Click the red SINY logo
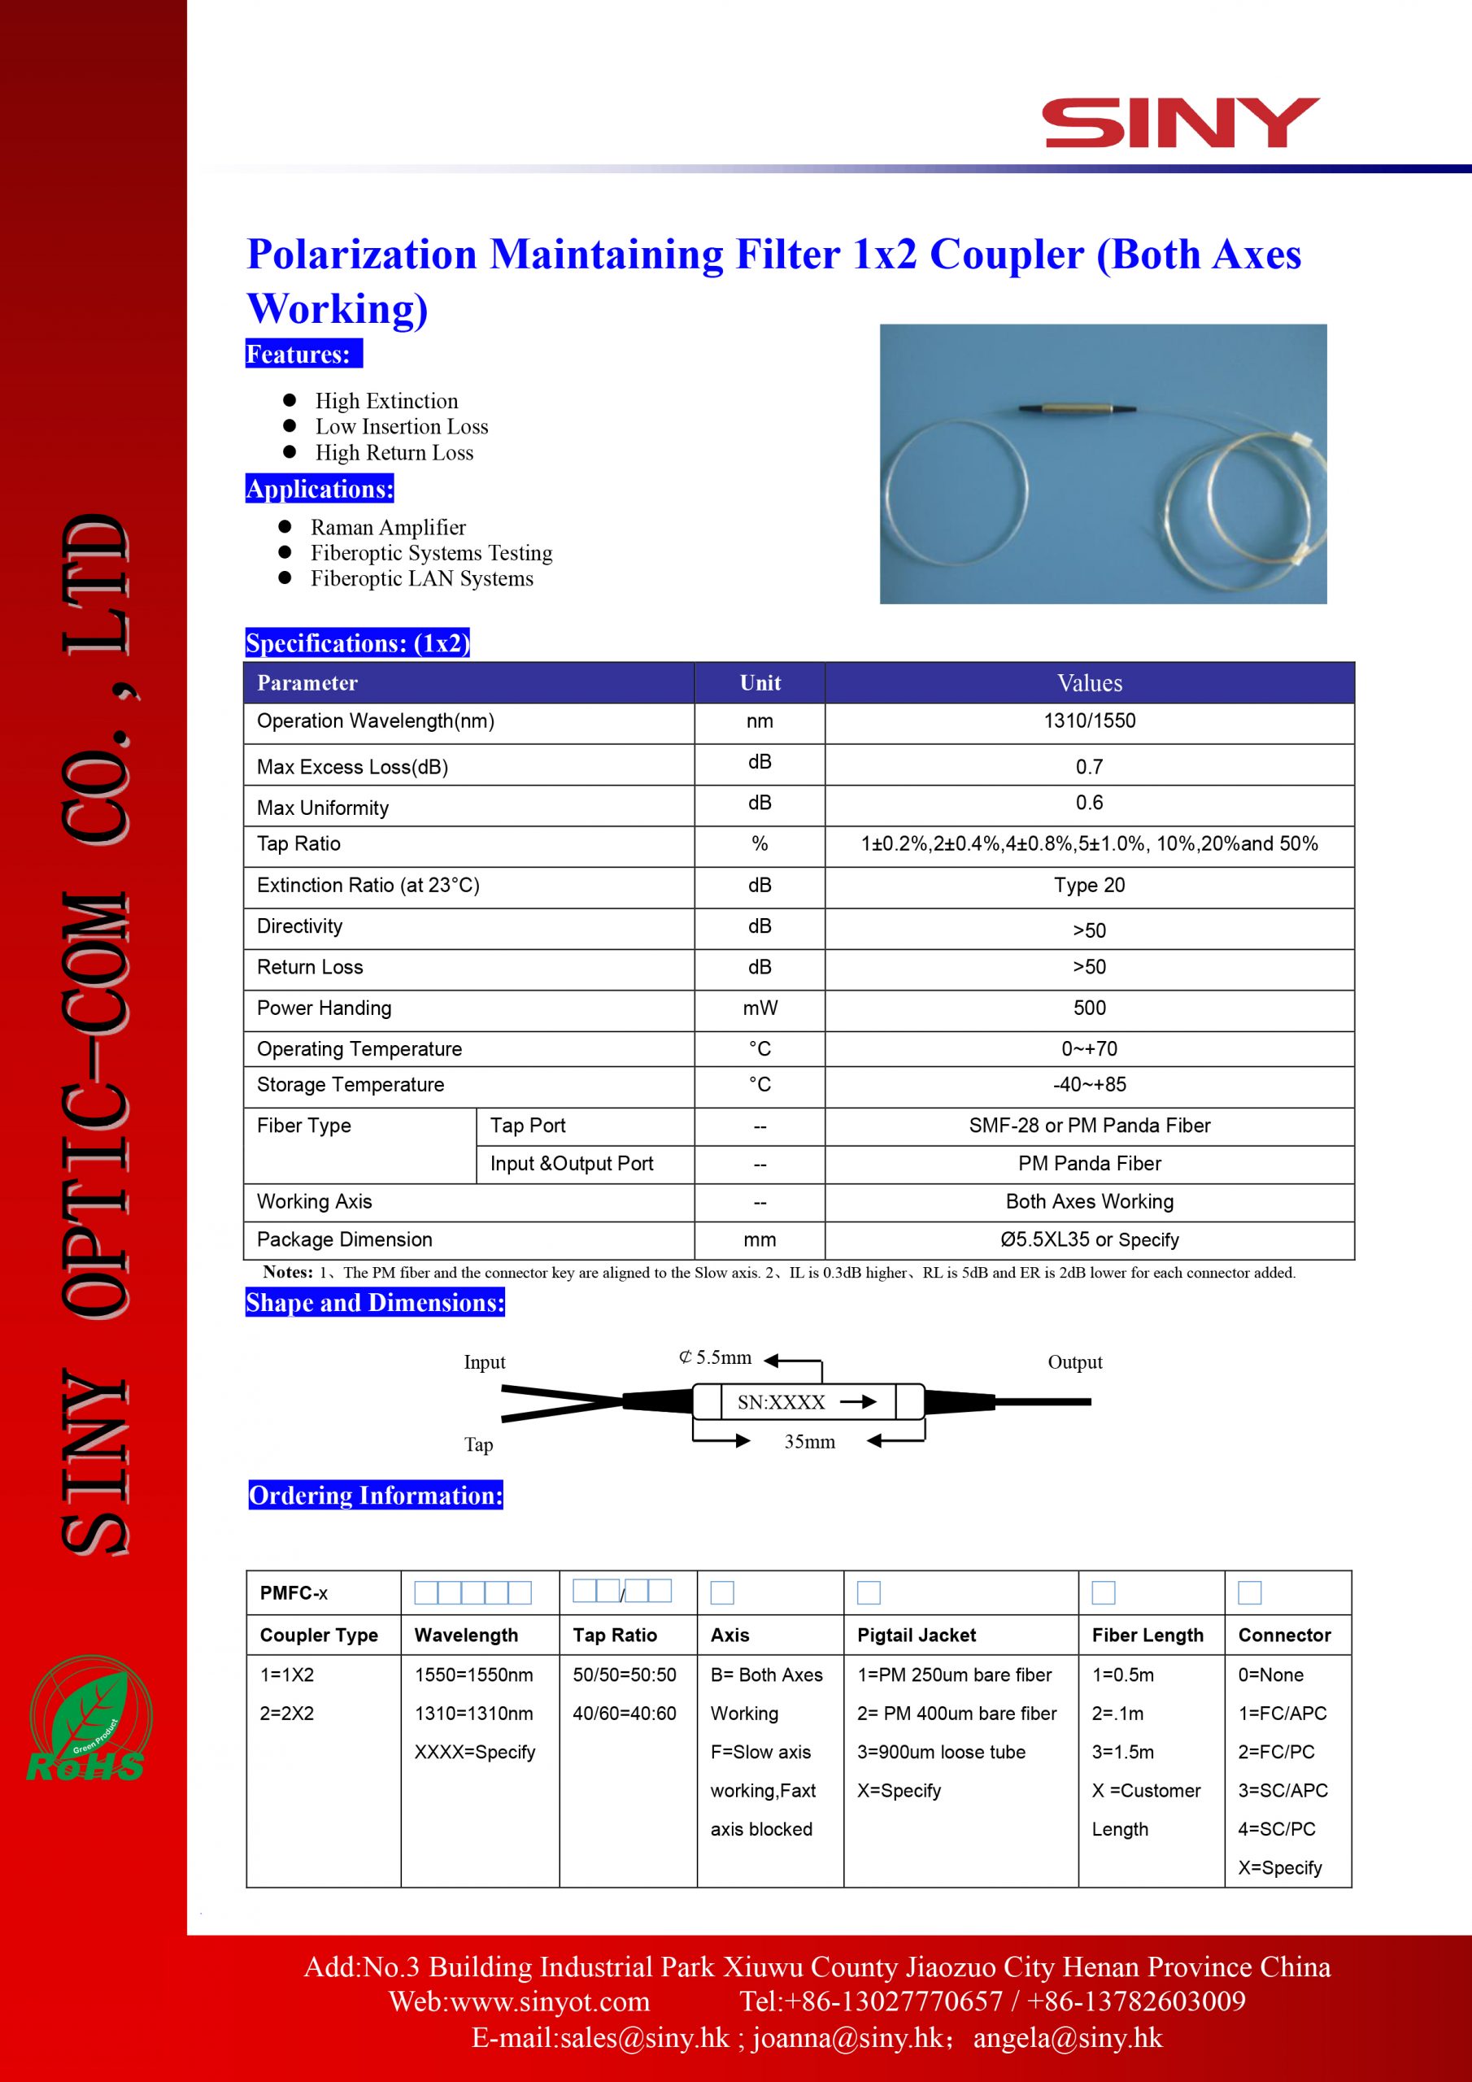coord(1181,124)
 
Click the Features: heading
coord(302,354)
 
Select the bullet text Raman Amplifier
coord(387,527)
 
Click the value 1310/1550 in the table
coord(1088,721)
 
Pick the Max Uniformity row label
coord(323,807)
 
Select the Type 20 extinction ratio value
coord(1088,885)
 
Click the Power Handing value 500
coord(1088,1008)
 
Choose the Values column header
coord(1088,683)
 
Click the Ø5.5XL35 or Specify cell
coord(1088,1239)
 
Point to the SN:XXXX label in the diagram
coord(781,1403)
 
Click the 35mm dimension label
coord(809,1442)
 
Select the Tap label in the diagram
coord(478,1444)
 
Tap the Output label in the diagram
coord(1075,1362)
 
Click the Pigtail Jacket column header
coord(916,1635)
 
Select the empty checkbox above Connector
coord(1249,1592)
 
